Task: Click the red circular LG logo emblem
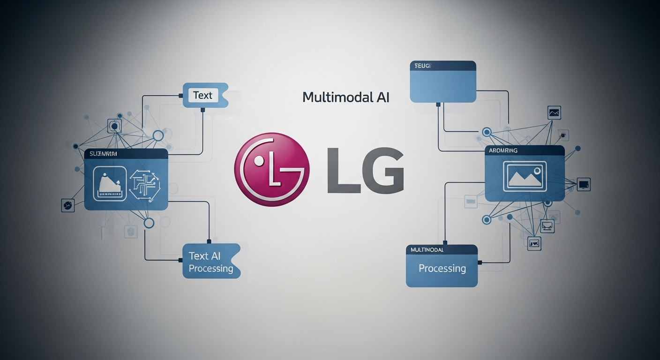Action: click(x=272, y=169)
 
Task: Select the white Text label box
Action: click(x=202, y=95)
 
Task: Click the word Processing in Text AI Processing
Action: click(x=211, y=269)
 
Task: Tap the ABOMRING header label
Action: click(x=503, y=150)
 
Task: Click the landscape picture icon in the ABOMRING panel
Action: click(x=525, y=176)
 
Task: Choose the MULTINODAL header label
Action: click(x=427, y=250)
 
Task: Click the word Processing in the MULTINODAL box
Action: click(x=442, y=269)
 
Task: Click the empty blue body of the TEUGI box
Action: click(x=443, y=87)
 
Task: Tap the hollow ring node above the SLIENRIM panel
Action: click(x=158, y=136)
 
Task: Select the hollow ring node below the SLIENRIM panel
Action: click(x=149, y=223)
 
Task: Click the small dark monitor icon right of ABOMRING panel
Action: click(x=584, y=184)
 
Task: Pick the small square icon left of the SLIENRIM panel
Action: click(x=68, y=205)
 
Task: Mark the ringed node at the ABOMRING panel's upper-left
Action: click(x=486, y=133)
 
